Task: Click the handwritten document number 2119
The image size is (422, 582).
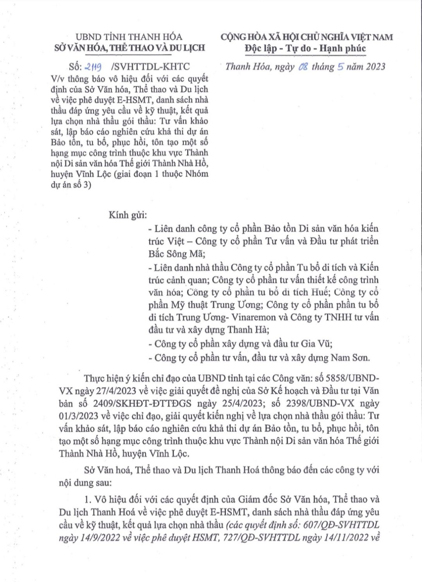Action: click(x=93, y=67)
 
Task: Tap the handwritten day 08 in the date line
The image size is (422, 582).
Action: click(x=303, y=67)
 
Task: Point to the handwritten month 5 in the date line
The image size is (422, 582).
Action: click(x=341, y=66)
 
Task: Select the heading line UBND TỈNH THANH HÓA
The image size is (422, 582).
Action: click(x=129, y=37)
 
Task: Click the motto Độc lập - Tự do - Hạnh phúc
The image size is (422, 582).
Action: click(x=305, y=48)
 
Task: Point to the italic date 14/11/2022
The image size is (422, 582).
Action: click(x=335, y=537)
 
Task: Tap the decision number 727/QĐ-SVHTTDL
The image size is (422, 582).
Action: click(x=262, y=537)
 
